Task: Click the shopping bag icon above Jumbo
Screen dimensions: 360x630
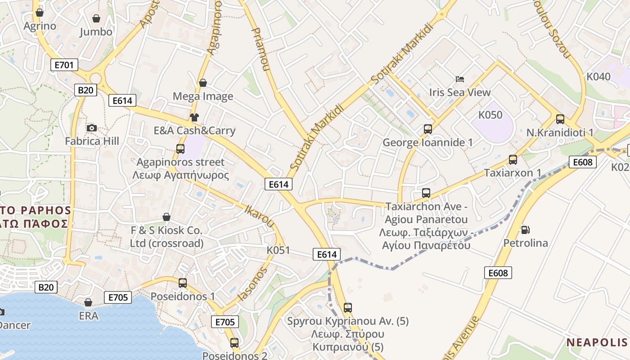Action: point(96,18)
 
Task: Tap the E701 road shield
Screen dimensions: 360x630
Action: point(64,65)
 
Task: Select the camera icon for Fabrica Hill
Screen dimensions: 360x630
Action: point(92,128)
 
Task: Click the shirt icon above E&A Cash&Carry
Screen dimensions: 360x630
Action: point(194,117)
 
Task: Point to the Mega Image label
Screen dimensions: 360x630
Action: point(203,96)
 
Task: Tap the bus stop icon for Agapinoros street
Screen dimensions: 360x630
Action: point(180,149)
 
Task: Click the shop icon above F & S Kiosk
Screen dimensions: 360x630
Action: point(166,217)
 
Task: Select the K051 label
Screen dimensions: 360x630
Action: point(278,250)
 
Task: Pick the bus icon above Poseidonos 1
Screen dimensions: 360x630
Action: point(183,283)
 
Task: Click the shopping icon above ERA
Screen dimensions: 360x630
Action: point(88,302)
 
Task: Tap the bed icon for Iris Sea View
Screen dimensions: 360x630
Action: point(459,79)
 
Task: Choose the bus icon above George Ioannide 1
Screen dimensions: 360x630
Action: point(427,129)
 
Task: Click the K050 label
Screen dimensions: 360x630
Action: point(490,115)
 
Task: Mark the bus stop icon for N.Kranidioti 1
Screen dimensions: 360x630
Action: point(560,119)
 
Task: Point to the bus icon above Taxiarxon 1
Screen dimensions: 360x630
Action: point(513,160)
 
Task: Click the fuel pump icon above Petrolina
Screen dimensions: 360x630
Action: point(525,230)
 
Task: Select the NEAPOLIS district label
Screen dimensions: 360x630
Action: point(596,342)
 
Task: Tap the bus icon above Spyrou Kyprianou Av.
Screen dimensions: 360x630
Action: point(347,308)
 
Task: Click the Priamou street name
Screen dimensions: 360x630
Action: point(261,49)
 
